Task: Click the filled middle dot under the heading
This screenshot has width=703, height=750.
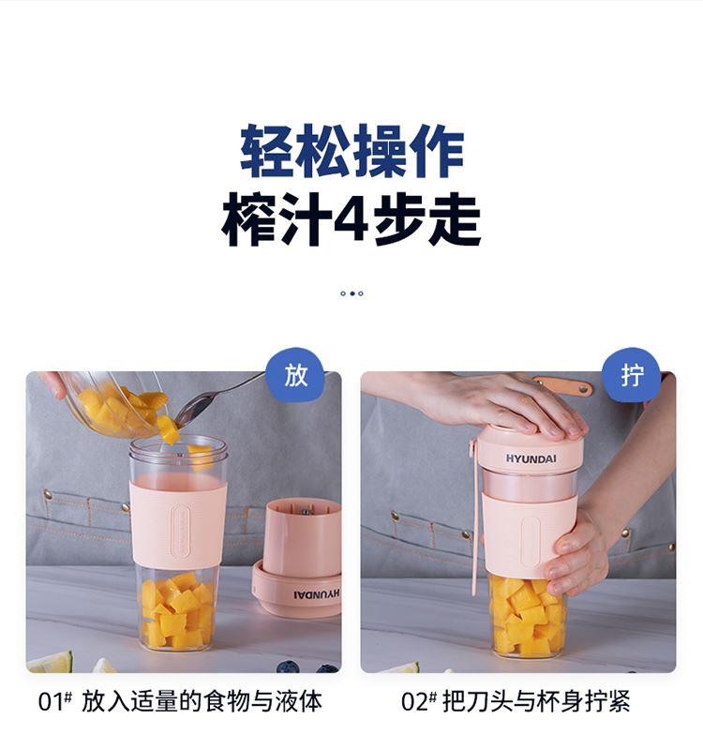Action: (352, 293)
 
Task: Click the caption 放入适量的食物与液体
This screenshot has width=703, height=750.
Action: (202, 701)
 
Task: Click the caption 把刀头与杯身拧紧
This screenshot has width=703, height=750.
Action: (536, 701)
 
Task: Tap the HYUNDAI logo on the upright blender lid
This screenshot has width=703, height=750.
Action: (531, 458)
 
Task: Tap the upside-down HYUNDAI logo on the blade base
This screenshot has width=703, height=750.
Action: (316, 593)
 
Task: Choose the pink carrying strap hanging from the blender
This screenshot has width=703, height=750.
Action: (473, 517)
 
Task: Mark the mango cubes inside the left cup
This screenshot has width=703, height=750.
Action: (177, 610)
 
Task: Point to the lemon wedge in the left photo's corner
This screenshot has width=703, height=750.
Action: (50, 663)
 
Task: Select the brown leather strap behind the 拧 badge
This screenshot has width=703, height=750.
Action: (564, 385)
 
